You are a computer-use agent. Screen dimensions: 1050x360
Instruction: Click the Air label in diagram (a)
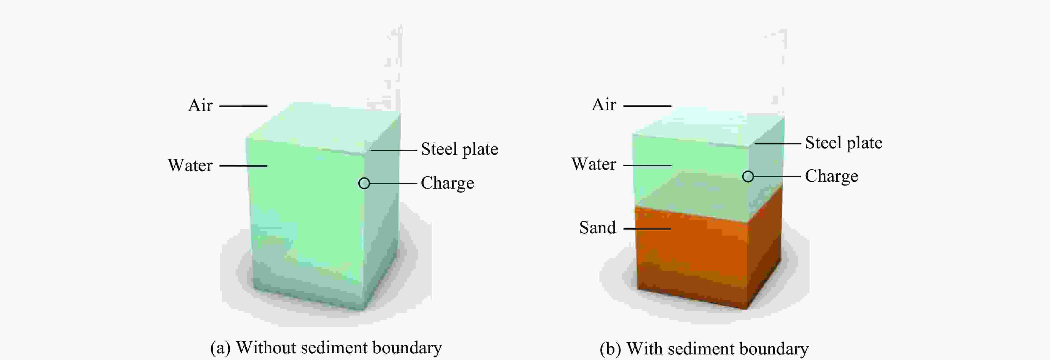click(x=200, y=105)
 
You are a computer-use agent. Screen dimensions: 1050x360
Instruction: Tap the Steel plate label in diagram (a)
click(x=459, y=149)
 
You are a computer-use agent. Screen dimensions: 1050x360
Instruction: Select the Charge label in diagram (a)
click(x=447, y=183)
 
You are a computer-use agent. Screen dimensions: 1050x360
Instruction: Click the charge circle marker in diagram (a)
click(x=364, y=183)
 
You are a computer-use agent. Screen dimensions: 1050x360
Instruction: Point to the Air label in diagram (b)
click(x=604, y=104)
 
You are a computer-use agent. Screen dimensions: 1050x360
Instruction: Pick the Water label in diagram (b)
click(x=594, y=164)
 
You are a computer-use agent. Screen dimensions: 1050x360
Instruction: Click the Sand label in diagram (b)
click(x=597, y=227)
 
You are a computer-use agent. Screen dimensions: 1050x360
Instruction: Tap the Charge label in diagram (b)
click(x=831, y=176)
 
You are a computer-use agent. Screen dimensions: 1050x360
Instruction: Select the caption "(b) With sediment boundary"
click(x=704, y=349)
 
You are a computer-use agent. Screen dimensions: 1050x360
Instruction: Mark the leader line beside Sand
click(x=647, y=229)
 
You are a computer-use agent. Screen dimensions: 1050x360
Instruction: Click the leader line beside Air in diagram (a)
click(x=243, y=106)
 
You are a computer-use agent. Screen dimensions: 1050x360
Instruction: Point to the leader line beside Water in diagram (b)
click(x=647, y=166)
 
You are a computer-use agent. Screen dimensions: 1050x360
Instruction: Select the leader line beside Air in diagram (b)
click(x=647, y=106)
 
